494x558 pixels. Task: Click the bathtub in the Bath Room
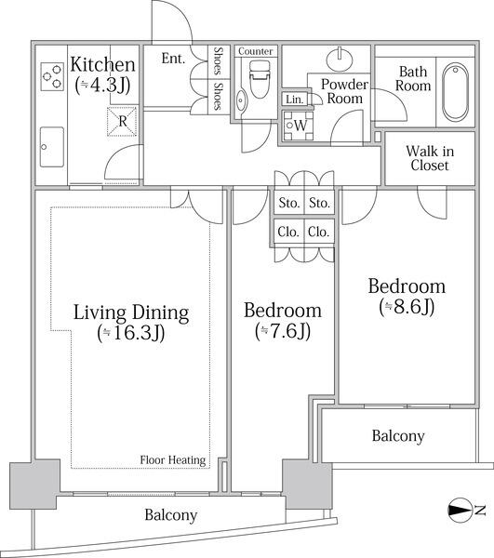pos(455,92)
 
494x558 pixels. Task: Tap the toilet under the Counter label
pos(260,79)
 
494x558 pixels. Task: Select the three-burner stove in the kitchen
pos(52,76)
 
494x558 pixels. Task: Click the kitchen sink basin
pos(52,147)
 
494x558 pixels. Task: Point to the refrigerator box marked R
pos(122,121)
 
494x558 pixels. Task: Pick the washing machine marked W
pos(299,126)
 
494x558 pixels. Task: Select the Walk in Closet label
pos(430,158)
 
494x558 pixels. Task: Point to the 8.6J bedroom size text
pos(407,307)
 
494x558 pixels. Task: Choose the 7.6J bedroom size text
pos(283,330)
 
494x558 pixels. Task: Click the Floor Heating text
pos(173,460)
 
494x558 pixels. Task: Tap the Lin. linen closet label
pos(295,100)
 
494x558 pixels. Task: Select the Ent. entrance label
pos(173,59)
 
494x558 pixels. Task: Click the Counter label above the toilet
pos(256,51)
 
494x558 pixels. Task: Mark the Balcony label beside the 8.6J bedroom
pos(398,436)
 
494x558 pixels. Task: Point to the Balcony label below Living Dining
pos(171,515)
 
